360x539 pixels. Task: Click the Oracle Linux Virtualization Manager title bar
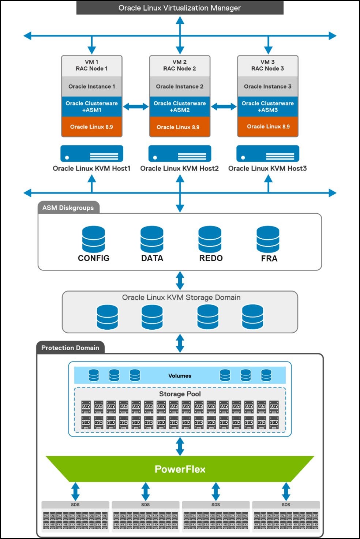(180, 8)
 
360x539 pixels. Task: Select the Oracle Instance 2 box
(180, 86)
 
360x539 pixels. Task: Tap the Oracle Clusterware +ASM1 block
(91, 106)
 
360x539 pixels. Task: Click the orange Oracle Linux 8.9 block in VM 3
(268, 127)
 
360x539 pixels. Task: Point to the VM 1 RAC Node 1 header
(91, 65)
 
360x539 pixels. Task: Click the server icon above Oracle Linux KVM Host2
(180, 153)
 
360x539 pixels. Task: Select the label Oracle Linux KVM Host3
(267, 168)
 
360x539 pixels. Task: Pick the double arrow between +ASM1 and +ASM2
(136, 107)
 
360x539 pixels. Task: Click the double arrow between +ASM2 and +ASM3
(224, 107)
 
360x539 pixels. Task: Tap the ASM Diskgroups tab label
(68, 207)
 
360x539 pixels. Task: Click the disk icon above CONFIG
(94, 239)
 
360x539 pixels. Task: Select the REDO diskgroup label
(211, 258)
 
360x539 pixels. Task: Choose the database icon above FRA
(268, 239)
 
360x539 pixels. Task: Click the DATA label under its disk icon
(152, 258)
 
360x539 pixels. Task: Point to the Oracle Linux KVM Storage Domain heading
(181, 297)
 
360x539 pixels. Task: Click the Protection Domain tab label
(70, 348)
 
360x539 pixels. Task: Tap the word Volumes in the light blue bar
(180, 375)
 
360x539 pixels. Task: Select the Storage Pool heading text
(180, 394)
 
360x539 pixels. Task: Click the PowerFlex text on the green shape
(180, 469)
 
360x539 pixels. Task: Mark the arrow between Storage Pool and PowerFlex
(180, 446)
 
